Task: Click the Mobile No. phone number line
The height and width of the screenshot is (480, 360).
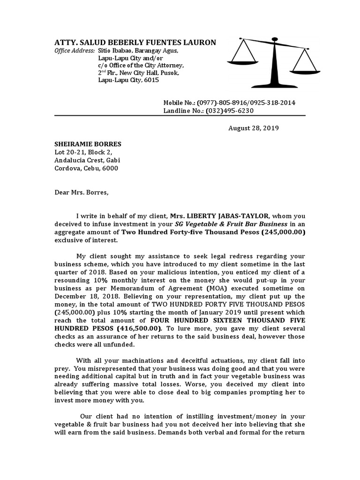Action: click(x=229, y=103)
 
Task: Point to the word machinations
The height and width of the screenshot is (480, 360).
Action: click(x=144, y=360)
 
